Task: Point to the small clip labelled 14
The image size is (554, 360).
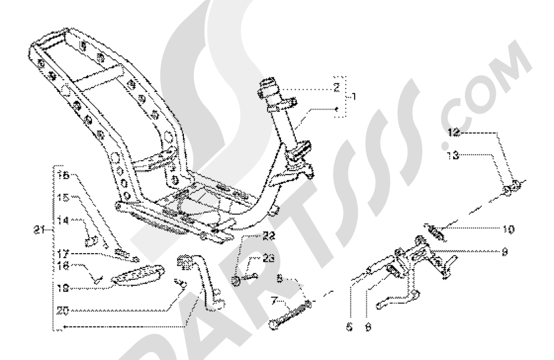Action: click(93, 241)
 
